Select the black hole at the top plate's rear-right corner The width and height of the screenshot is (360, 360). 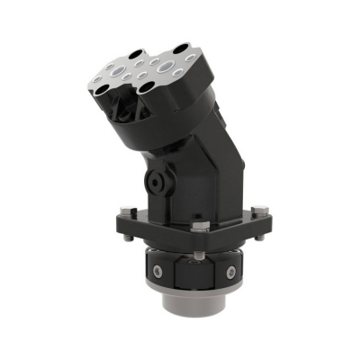(x=184, y=45)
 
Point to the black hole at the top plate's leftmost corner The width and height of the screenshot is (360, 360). (x=96, y=84)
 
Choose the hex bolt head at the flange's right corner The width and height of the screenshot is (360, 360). (x=258, y=211)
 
